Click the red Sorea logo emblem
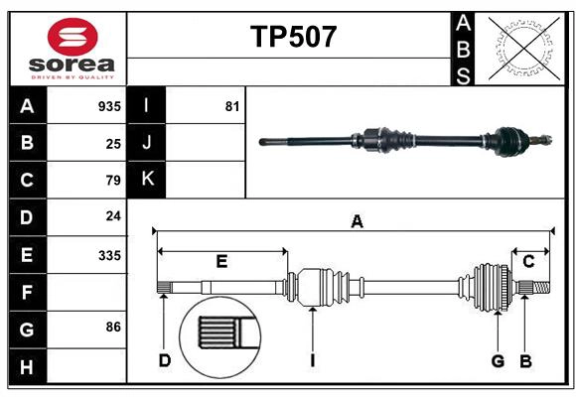(x=72, y=39)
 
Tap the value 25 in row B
(x=113, y=144)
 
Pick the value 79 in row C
(x=113, y=181)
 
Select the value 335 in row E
(x=109, y=255)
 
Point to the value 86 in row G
(x=113, y=326)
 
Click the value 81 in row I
(x=232, y=106)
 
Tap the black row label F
(x=27, y=293)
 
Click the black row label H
(x=27, y=367)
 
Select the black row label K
(x=147, y=180)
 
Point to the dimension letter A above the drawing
(x=357, y=222)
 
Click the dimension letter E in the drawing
(x=221, y=262)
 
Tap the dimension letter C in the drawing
(x=529, y=262)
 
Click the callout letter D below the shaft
(x=165, y=360)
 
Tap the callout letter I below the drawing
(x=312, y=360)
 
